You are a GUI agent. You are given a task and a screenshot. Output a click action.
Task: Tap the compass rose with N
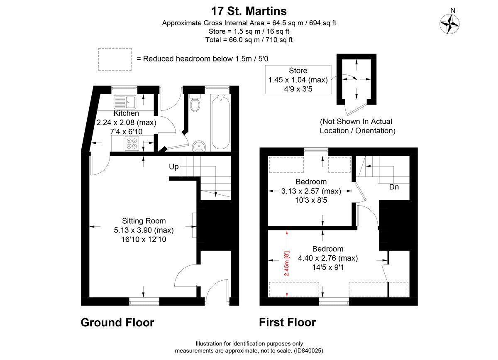[x=449, y=24]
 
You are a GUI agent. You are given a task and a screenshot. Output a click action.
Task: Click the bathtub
[x=220, y=121]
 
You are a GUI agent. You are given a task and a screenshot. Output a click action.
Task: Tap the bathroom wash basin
[x=200, y=146]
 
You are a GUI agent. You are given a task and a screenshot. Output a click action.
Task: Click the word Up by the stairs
[x=173, y=167]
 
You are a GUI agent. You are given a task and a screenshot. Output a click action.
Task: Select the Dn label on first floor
[x=394, y=187]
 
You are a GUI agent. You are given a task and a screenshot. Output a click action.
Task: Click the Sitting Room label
[x=144, y=221]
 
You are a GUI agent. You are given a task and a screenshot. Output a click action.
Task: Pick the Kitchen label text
[x=126, y=113]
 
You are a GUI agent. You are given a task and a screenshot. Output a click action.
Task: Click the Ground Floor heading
[x=117, y=322]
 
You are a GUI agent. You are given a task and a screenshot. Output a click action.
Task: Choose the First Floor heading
[x=288, y=322]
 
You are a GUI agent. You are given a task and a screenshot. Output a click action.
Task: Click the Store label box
[x=298, y=80]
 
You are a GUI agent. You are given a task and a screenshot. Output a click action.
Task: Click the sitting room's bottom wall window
[x=144, y=301]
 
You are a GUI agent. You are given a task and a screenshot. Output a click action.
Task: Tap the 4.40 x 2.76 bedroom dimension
[x=328, y=258]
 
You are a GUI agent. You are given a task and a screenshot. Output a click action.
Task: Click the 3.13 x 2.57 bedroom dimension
[x=311, y=191]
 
